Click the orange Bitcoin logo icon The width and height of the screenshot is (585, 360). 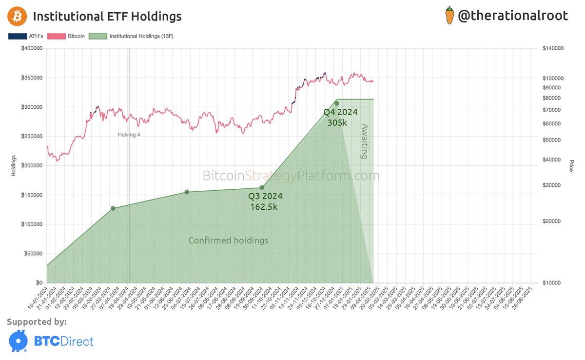pyautogui.click(x=17, y=17)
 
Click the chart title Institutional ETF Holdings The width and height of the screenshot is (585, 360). pyautogui.click(x=107, y=17)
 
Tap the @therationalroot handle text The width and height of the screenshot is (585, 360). pyautogui.click(x=513, y=16)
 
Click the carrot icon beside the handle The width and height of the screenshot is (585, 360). pyautogui.click(x=449, y=16)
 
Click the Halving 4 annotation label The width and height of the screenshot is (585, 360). pyautogui.click(x=129, y=135)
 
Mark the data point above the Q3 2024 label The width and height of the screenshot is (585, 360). pyautogui.click(x=262, y=187)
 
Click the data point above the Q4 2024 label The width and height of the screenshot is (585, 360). pyautogui.click(x=336, y=103)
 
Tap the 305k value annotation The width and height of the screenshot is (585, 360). pyautogui.click(x=337, y=123)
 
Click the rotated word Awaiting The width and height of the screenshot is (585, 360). pyautogui.click(x=364, y=141)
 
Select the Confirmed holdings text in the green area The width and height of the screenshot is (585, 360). pyautogui.click(x=228, y=240)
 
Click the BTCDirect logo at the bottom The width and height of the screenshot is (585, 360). pyautogui.click(x=51, y=340)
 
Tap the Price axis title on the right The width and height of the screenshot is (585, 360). pyautogui.click(x=571, y=165)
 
